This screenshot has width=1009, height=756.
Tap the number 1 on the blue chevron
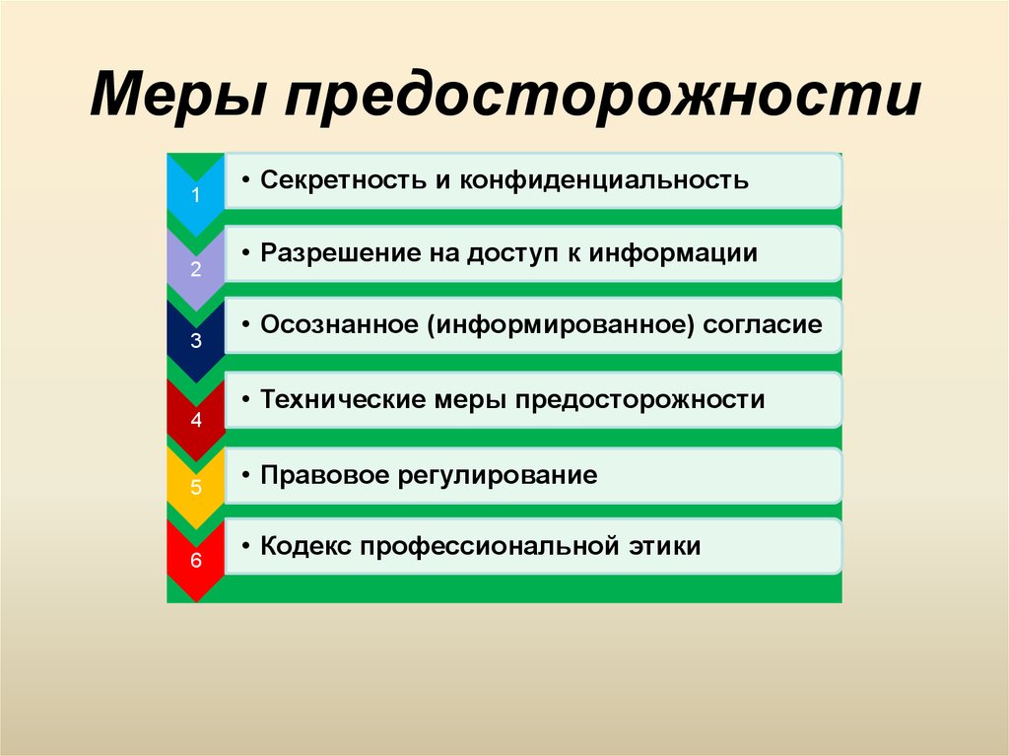point(195,195)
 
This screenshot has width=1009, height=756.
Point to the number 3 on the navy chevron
point(195,342)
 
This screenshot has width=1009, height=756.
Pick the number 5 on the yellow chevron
point(195,487)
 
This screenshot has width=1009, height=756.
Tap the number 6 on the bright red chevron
point(195,562)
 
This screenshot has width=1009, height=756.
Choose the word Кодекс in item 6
point(305,546)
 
